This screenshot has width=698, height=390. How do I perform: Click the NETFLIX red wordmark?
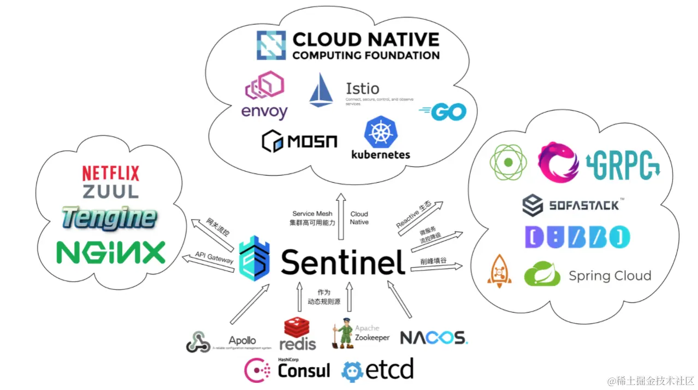pos(110,173)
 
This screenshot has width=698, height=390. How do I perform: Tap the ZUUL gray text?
pos(110,191)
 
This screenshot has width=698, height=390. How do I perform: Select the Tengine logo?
pos(109,218)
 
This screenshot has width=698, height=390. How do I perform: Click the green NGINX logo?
pos(111,253)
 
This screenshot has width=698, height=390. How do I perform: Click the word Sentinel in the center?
pos(343,263)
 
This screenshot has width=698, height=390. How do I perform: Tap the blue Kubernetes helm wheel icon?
pos(381,131)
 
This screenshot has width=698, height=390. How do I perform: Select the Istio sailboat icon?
pos(321,90)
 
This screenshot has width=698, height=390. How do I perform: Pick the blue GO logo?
pos(443,112)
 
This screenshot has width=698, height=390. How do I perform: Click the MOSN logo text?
pos(299,141)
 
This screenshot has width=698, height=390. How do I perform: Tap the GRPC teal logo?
pos(623,163)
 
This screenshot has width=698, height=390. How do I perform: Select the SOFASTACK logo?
pos(570,206)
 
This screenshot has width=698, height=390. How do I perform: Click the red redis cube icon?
pos(298,327)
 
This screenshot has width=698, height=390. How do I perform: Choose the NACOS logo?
pos(434,338)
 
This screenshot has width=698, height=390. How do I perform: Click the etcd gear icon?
pos(352,371)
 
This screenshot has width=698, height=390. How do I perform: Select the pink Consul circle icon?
pos(255,370)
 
